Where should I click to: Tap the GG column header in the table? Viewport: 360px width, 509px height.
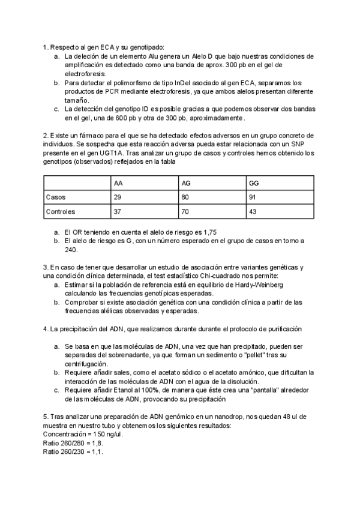pyautogui.click(x=253, y=182)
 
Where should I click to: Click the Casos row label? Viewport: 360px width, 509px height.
pyautogui.click(x=56, y=197)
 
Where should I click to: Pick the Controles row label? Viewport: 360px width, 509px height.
pyautogui.click(x=61, y=212)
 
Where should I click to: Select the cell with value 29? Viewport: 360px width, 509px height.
pyautogui.click(x=118, y=197)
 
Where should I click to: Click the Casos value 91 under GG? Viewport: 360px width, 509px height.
pyautogui.click(x=252, y=197)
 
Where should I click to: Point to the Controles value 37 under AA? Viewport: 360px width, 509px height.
pyautogui.click(x=118, y=212)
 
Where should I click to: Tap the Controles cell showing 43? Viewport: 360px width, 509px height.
pyautogui.click(x=252, y=212)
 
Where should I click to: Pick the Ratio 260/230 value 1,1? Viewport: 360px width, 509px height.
pyautogui.click(x=98, y=451)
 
